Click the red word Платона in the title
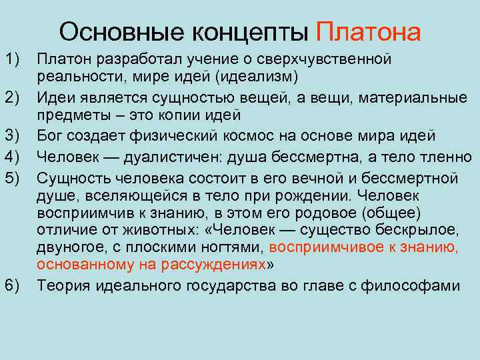[x=369, y=31]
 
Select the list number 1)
[x=13, y=60]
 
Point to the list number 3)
[x=13, y=137]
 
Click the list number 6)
[x=13, y=286]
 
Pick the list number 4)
[x=13, y=157]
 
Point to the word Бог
[x=49, y=137]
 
